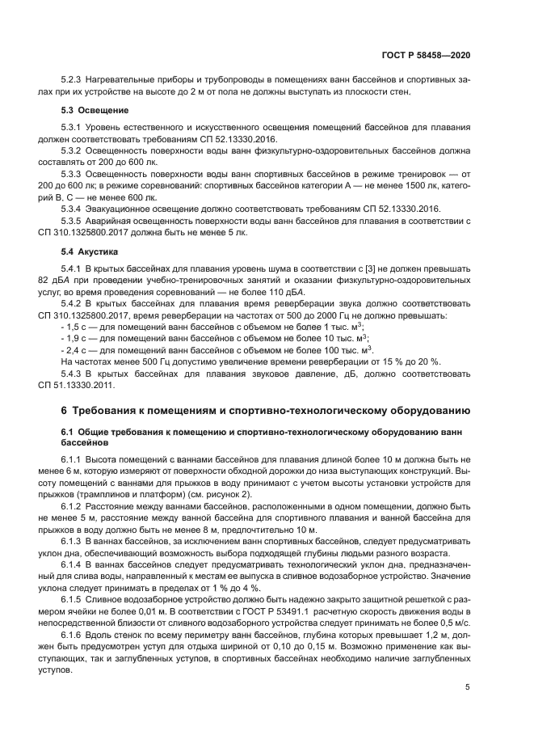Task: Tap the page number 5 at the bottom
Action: tap(468, 687)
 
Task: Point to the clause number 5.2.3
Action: tap(74, 80)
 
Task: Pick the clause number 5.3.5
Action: tap(74, 222)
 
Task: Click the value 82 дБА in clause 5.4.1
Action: tap(77, 281)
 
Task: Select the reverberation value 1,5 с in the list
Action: tap(79, 327)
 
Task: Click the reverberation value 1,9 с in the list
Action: tap(79, 338)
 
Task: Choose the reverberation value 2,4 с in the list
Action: tap(79, 350)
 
